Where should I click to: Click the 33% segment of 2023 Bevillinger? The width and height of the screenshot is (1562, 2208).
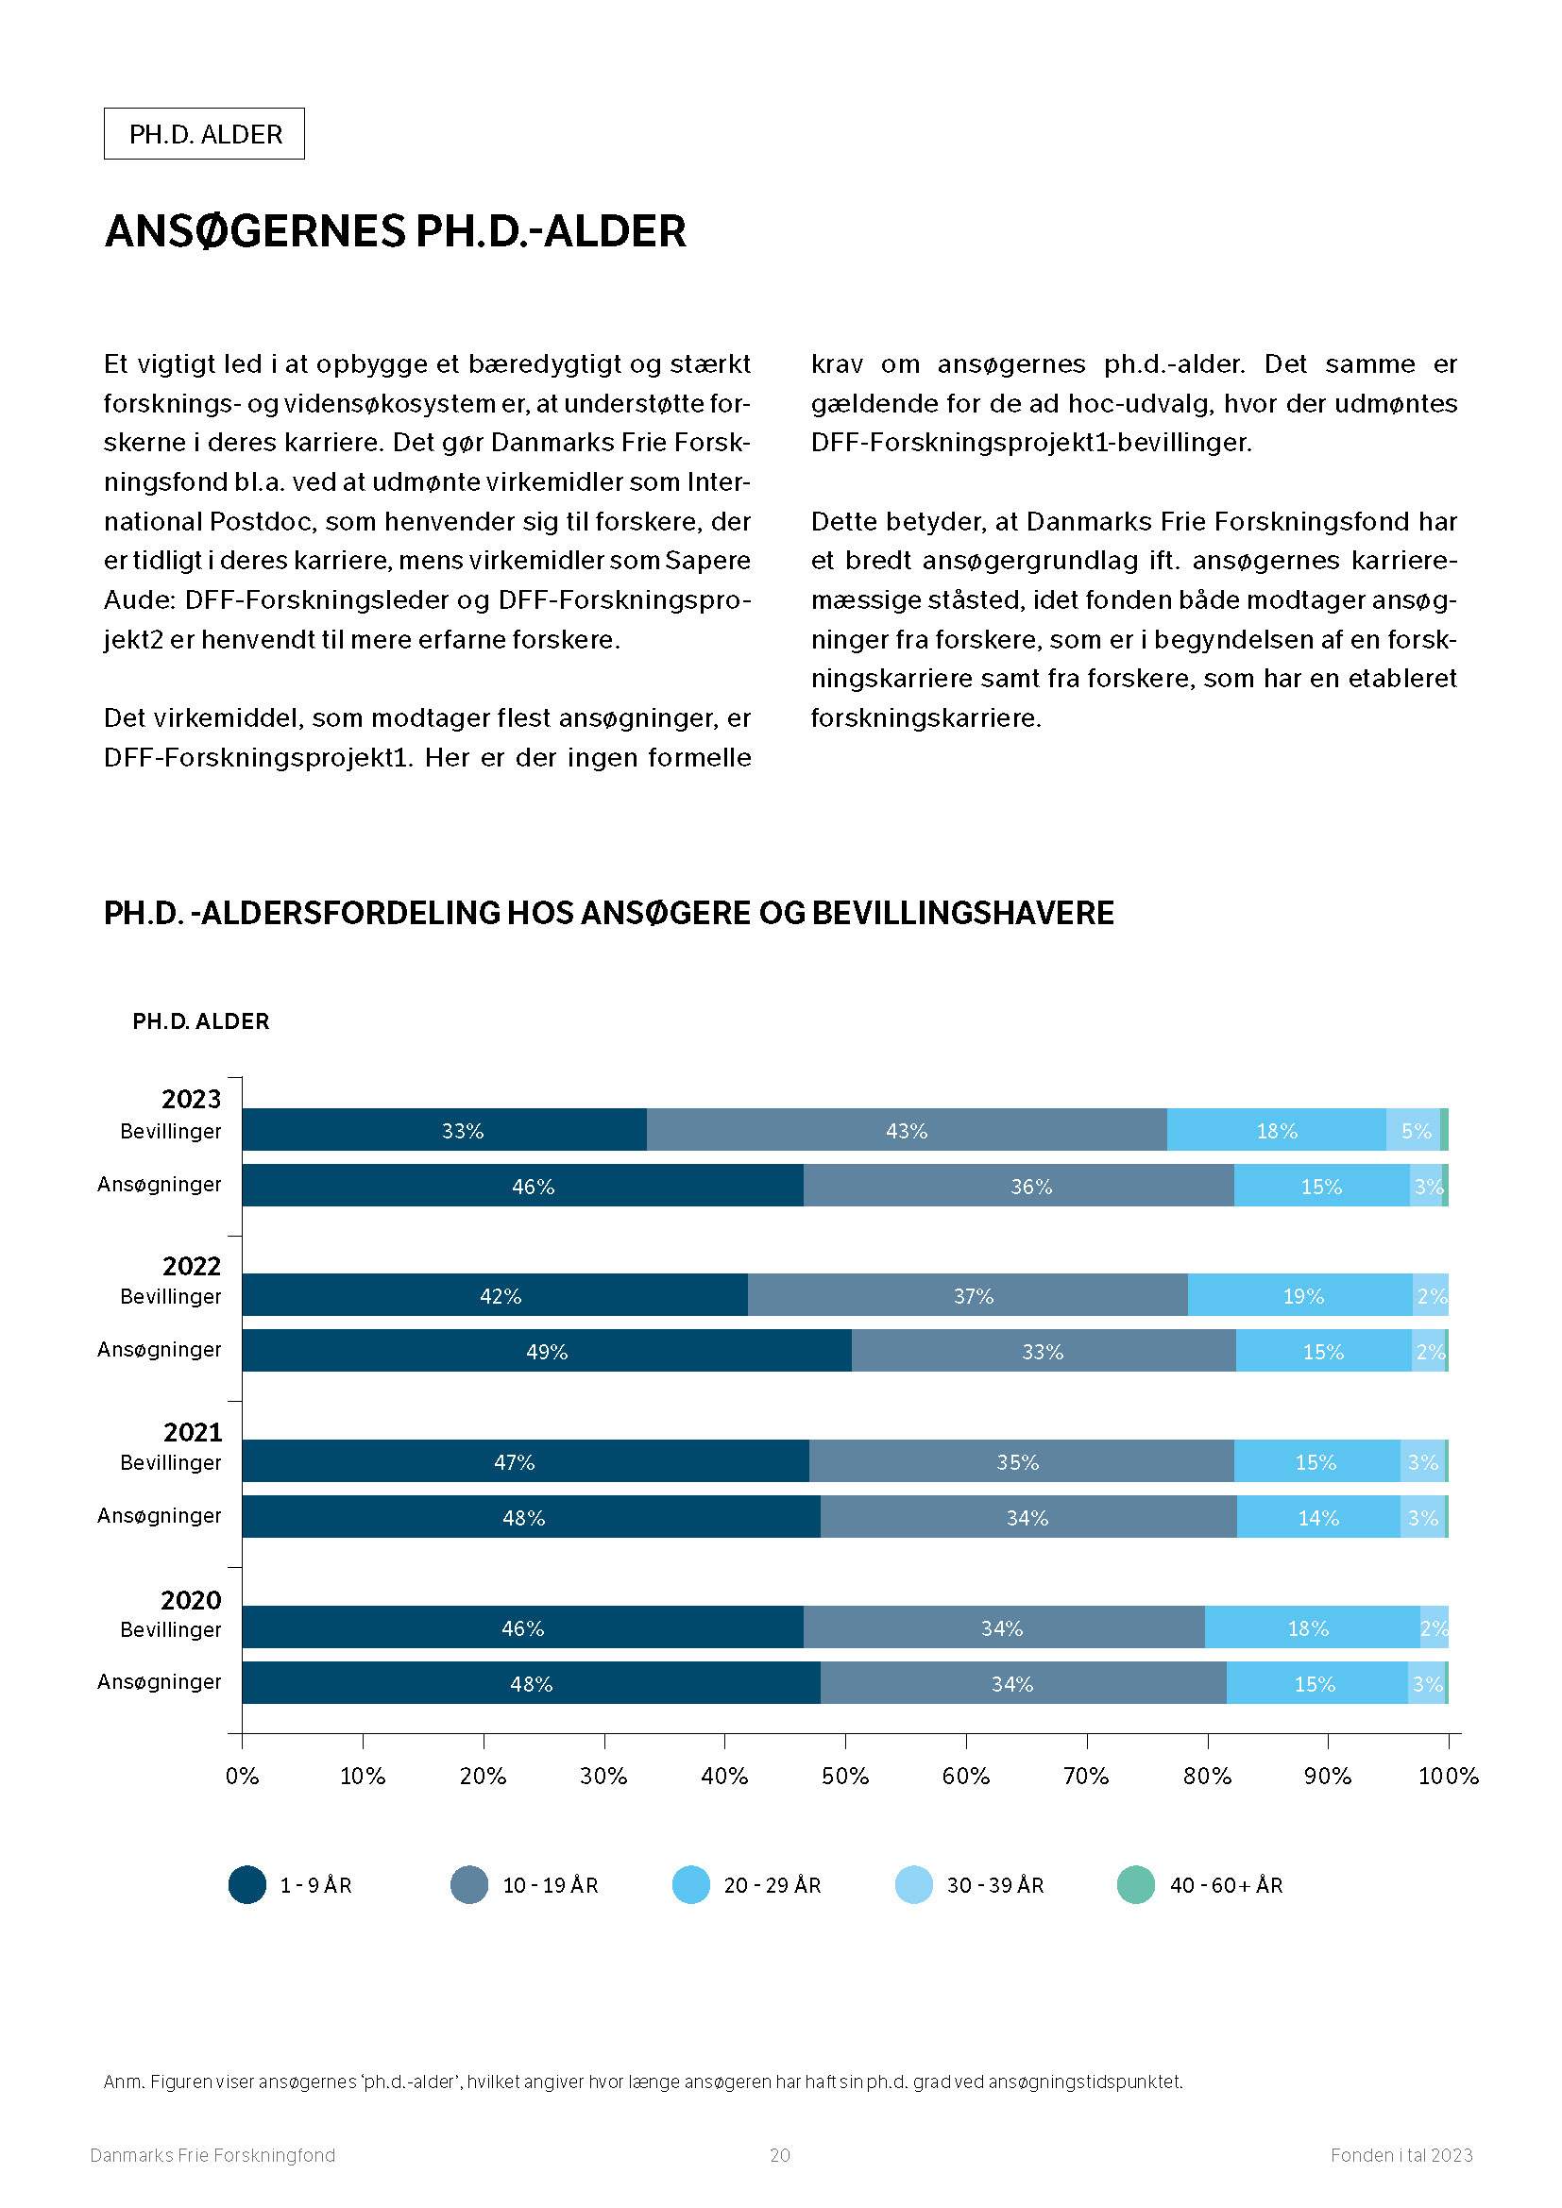point(444,1129)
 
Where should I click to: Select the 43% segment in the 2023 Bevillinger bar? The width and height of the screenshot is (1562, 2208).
point(906,1129)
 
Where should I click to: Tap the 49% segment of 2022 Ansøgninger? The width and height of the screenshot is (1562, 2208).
point(546,1350)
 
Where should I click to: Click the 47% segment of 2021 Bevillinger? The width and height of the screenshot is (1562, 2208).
point(525,1460)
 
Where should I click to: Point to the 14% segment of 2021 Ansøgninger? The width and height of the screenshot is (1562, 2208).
point(1317,1517)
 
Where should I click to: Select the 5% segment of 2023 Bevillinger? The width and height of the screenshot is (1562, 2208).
point(1413,1129)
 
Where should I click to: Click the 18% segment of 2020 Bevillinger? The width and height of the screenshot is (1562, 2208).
point(1312,1627)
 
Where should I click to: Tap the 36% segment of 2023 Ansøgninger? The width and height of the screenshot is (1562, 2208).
point(1019,1185)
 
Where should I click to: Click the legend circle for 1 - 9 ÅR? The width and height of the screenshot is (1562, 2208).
point(247,1885)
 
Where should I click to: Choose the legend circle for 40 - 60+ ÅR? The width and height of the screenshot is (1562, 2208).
point(1136,1885)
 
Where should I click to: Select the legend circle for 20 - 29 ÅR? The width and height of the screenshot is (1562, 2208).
point(690,1885)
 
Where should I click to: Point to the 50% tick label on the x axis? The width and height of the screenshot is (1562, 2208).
point(844,1777)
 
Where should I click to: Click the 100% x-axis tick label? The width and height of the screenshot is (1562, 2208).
point(1448,1777)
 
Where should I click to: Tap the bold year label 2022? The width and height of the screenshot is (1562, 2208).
point(192,1266)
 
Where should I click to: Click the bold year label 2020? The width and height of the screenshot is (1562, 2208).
point(191,1600)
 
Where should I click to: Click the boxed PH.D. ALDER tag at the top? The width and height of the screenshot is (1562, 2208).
point(204,134)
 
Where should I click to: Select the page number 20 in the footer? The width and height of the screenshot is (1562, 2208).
point(780,2155)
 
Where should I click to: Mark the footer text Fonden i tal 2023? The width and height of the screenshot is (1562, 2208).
point(1401,2155)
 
